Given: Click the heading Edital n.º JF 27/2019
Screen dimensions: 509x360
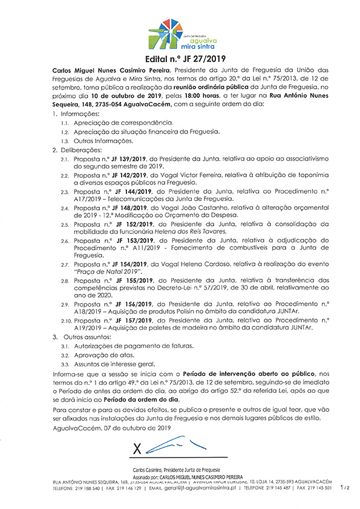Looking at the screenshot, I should [180, 60].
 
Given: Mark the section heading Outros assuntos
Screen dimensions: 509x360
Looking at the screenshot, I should [85, 336].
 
